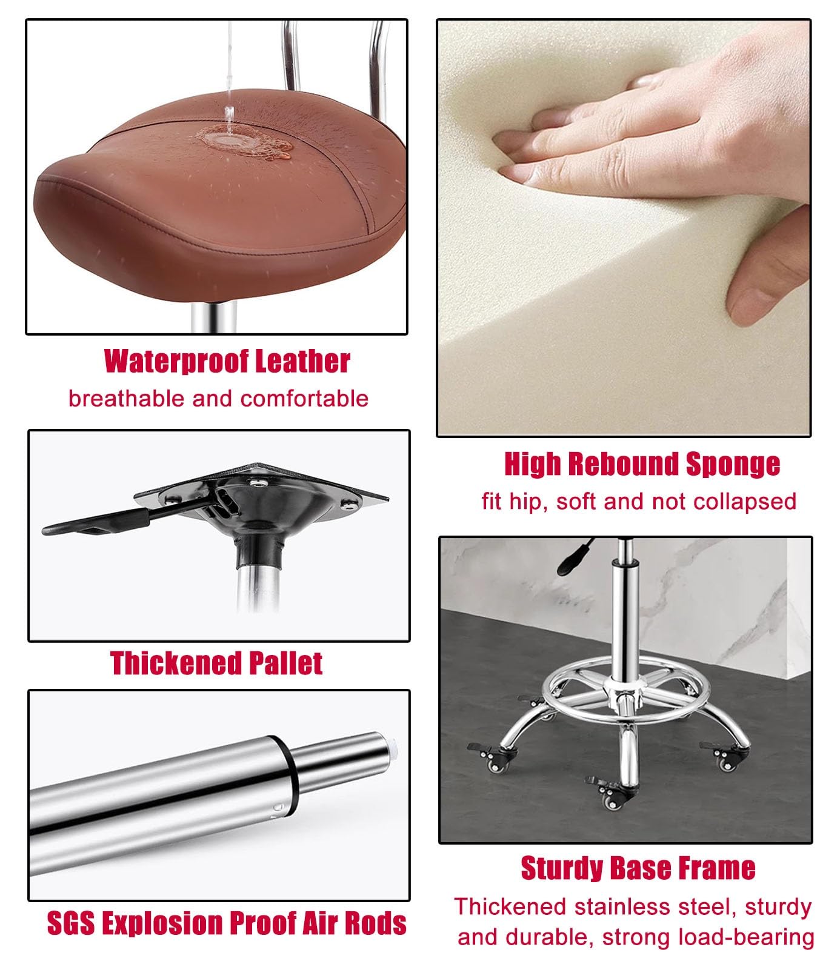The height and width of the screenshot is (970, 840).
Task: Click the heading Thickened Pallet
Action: click(216, 663)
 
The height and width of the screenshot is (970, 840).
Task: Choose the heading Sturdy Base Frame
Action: click(638, 868)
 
